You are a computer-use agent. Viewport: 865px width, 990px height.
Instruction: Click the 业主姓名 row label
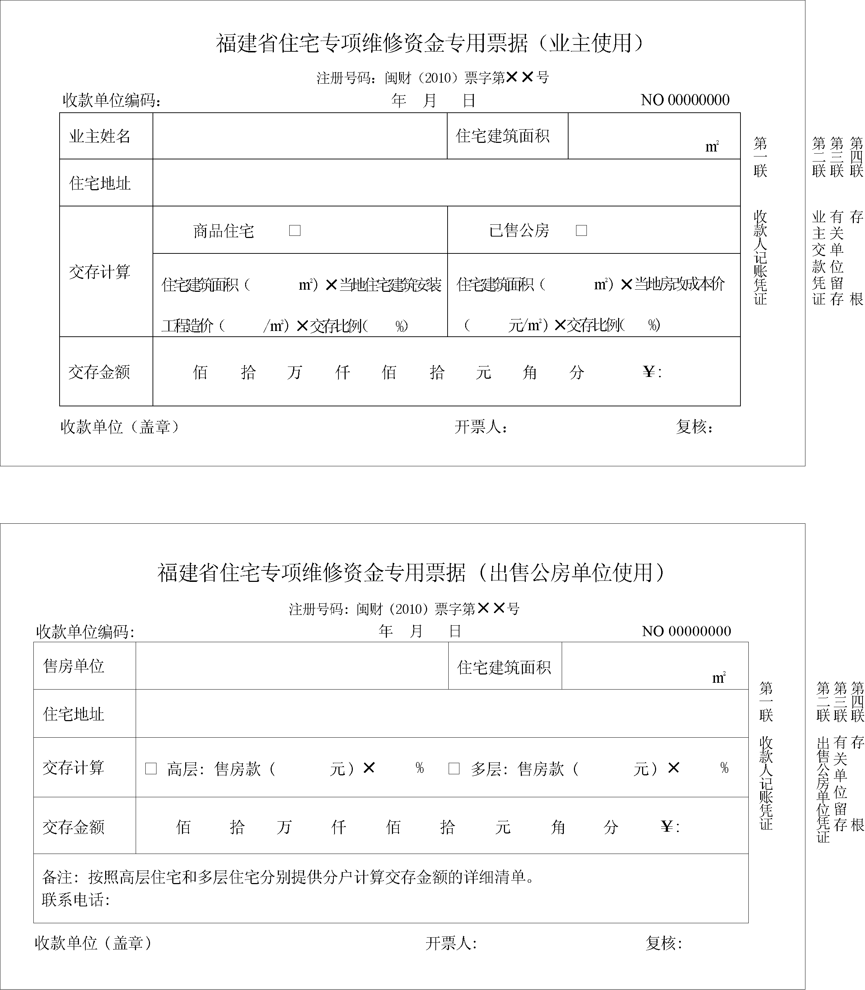[x=100, y=136]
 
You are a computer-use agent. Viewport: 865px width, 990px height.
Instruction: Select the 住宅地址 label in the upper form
[x=100, y=183]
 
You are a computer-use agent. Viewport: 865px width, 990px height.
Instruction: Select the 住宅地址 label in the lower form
[x=74, y=714]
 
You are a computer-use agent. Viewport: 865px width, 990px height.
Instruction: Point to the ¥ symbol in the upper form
[x=649, y=372]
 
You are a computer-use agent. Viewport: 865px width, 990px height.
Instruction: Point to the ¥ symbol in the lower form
[x=667, y=827]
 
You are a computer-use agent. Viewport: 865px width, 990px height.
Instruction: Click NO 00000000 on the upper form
[x=684, y=100]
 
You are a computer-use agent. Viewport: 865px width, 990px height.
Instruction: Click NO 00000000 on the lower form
[x=686, y=631]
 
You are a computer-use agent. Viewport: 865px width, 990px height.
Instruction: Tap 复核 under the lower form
[x=663, y=943]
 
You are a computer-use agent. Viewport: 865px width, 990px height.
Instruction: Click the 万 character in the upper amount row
[x=294, y=372]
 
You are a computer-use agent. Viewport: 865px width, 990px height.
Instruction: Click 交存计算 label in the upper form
[x=100, y=272]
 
